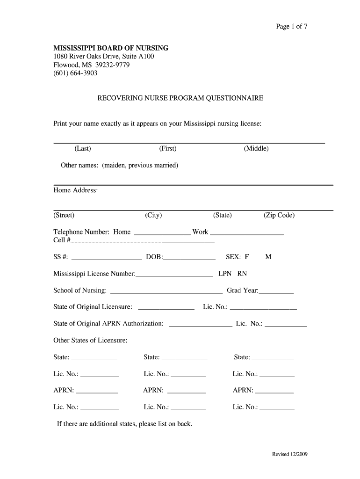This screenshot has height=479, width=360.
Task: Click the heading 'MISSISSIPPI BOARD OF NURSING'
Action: pyautogui.click(x=111, y=48)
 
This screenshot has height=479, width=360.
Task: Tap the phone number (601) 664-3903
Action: pyautogui.click(x=75, y=73)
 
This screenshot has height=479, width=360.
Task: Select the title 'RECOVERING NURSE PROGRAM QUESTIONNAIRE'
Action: pyautogui.click(x=180, y=98)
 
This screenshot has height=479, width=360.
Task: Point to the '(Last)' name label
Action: pyautogui.click(x=82, y=149)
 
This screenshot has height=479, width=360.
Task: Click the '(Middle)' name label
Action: pyautogui.click(x=256, y=149)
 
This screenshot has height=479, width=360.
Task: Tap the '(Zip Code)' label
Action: pyautogui.click(x=279, y=215)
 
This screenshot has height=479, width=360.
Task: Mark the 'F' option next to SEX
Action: pyautogui.click(x=246, y=257)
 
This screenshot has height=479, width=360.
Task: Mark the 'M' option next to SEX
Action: pyautogui.click(x=268, y=257)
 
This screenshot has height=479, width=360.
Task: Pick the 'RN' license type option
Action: pyautogui.click(x=242, y=274)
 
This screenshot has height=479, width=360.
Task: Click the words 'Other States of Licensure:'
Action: pyautogui.click(x=90, y=341)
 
